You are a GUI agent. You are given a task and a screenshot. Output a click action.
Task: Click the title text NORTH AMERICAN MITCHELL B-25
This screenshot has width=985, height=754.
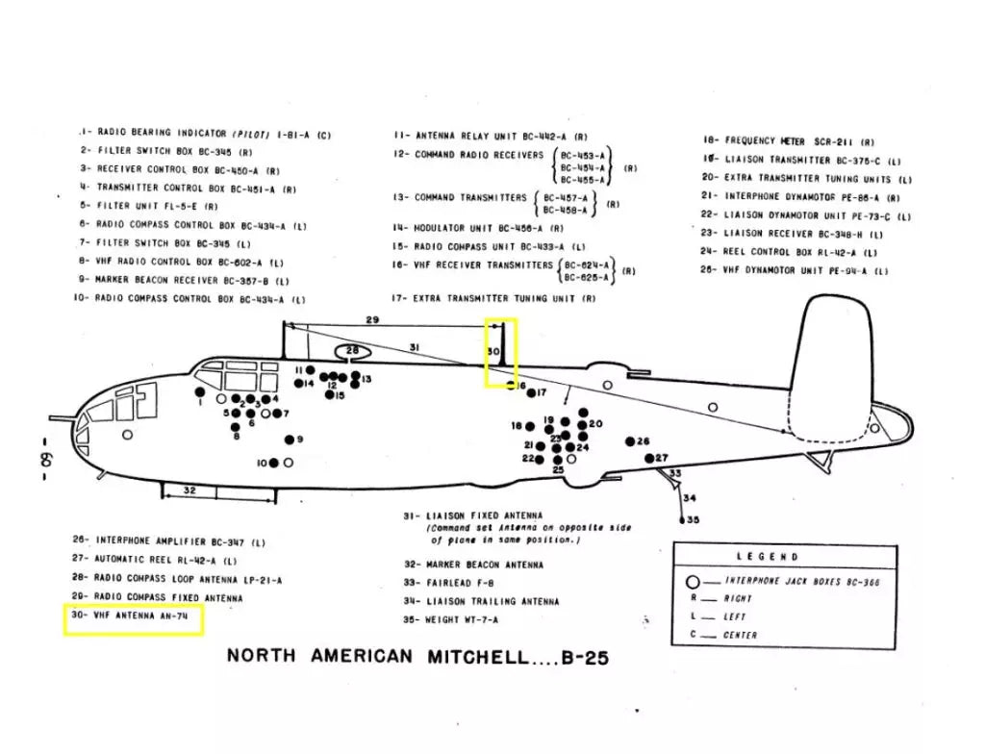(x=417, y=658)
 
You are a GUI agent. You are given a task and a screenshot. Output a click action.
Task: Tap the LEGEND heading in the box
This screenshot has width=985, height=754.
(x=768, y=557)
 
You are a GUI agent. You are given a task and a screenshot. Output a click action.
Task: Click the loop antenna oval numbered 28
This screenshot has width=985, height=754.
(x=353, y=351)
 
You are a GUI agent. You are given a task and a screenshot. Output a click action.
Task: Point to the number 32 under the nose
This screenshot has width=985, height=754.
(x=189, y=490)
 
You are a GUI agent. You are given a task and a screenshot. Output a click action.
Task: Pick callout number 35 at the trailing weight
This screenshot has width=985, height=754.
(x=693, y=519)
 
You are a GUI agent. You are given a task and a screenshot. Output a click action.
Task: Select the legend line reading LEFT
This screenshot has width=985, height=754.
(x=732, y=616)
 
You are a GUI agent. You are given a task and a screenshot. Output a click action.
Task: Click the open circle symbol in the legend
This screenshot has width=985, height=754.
(x=691, y=582)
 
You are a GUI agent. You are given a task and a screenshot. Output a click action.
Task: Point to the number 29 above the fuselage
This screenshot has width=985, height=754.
(x=372, y=319)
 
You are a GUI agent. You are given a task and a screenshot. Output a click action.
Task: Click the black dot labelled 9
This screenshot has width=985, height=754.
(x=290, y=440)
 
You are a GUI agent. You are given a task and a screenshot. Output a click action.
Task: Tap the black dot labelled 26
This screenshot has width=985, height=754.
(x=630, y=441)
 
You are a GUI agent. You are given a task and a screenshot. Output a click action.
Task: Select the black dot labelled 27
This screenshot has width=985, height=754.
(x=649, y=458)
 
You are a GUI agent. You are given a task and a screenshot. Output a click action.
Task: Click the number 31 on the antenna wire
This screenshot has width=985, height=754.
(x=415, y=346)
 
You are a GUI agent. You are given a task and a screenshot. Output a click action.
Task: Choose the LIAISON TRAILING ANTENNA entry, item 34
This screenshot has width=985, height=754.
(x=481, y=601)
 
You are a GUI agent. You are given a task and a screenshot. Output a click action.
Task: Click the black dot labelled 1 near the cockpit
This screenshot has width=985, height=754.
(x=199, y=391)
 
